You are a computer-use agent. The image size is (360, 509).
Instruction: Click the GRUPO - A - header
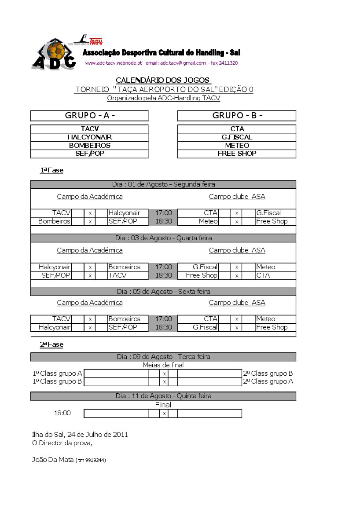(89, 116)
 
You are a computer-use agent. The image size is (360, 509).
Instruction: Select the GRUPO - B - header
(237, 116)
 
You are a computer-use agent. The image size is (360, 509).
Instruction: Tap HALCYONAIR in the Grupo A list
(89, 137)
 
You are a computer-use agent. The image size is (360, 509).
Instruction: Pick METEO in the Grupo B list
(237, 146)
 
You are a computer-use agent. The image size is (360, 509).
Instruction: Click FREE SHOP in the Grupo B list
(237, 154)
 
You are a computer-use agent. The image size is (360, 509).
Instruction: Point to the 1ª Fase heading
(52, 171)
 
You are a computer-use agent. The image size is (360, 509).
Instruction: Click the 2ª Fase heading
(52, 345)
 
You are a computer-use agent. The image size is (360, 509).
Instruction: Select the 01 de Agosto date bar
(163, 184)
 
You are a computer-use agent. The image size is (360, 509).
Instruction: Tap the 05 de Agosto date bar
(163, 292)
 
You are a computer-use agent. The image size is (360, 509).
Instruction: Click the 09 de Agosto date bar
(163, 357)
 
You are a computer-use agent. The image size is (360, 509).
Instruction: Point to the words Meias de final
(163, 365)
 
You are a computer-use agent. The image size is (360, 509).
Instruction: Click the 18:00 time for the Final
(62, 414)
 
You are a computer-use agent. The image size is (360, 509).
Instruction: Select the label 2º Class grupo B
(268, 374)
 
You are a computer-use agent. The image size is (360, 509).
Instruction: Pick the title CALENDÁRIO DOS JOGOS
(163, 80)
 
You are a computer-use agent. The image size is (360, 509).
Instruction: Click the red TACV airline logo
(96, 41)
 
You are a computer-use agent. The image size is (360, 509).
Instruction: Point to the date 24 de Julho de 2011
(98, 435)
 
